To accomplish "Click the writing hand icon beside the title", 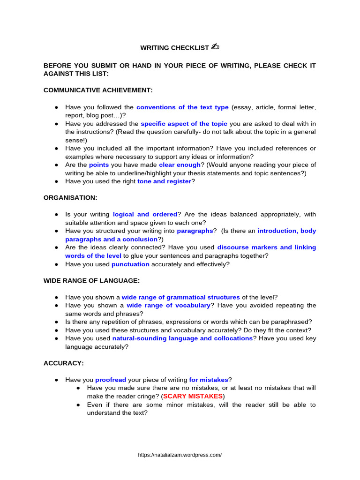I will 216,47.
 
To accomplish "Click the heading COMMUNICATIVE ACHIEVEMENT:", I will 98,90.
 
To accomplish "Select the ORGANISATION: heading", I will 70,198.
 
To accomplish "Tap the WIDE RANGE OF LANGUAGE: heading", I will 91,281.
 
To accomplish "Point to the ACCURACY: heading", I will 64,363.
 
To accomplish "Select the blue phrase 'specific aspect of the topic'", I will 184,124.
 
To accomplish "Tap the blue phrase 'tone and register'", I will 164,181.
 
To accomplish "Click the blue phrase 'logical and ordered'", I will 145,214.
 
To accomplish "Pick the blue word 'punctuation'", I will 130,264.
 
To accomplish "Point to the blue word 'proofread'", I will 111,380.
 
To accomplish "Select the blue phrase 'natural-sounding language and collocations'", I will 182,338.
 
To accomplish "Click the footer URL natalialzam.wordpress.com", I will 180,455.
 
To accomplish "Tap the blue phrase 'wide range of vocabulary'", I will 168,305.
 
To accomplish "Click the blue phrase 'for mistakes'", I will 209,380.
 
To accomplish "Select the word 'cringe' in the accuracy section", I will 146,396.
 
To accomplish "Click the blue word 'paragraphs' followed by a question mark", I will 195,231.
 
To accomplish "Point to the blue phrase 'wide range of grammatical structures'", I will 180,297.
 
